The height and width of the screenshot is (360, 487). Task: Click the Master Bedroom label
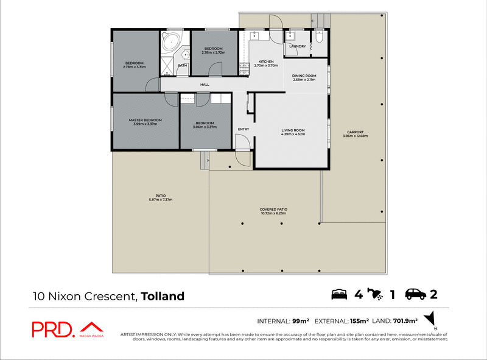pos(145,120)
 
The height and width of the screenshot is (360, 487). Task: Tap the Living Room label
pos(293,130)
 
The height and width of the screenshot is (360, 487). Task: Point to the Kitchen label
pos(266,62)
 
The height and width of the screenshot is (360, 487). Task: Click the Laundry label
pos(297,46)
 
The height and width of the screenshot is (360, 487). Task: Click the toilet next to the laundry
pos(320,40)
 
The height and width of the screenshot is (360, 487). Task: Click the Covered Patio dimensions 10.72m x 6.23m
pos(273,214)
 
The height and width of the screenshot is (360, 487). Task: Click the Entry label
pos(243,129)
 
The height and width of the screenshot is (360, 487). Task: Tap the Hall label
pos(205,85)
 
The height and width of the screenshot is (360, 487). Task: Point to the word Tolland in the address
pos(163,297)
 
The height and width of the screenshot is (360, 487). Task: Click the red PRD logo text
pos(53,329)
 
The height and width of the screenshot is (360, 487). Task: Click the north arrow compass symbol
pos(432,319)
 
